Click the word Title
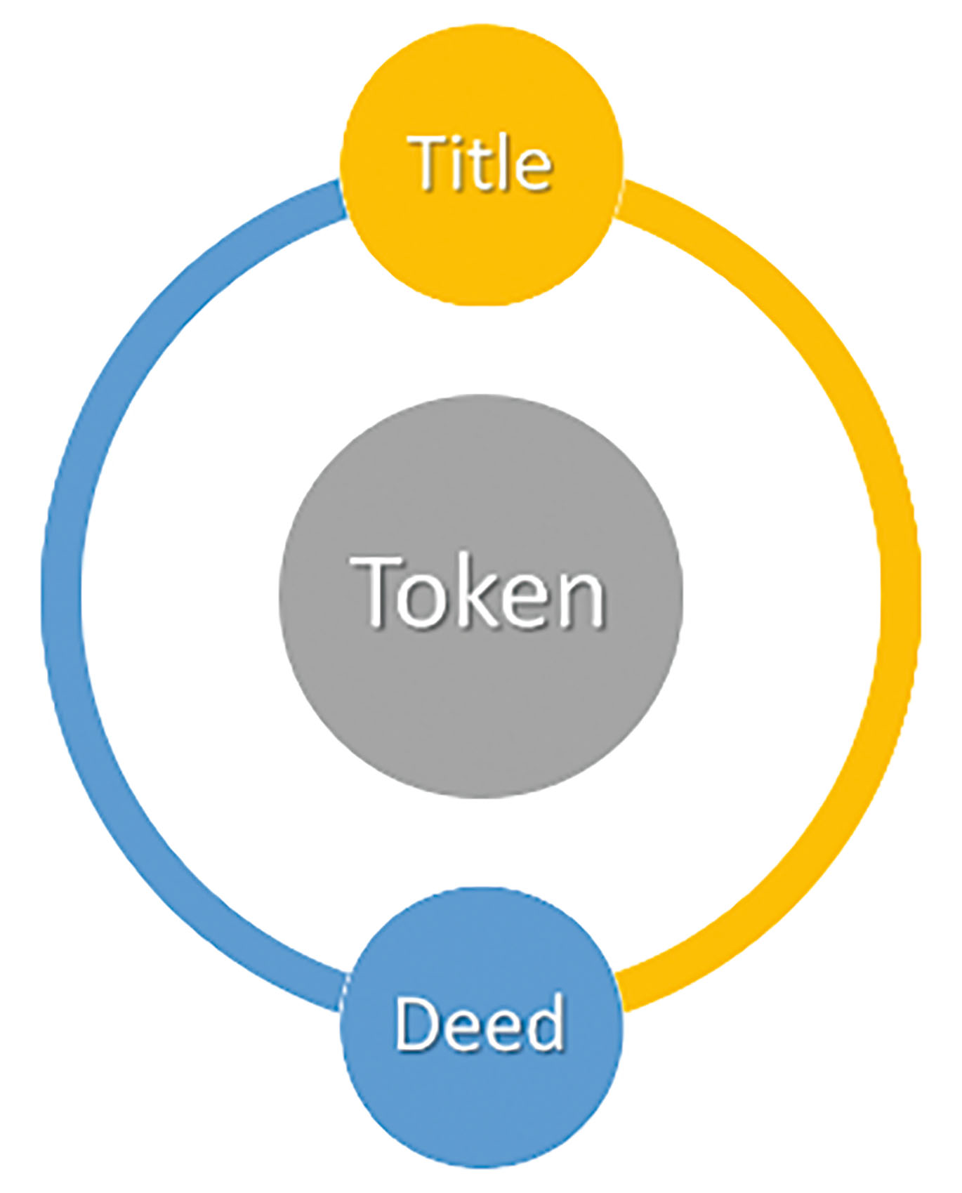482,163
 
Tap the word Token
482,591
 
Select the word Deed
480,1022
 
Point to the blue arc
63,597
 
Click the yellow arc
900,597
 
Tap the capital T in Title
430,163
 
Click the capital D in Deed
417,1022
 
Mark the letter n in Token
583,600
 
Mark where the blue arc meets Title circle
343,198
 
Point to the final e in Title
533,170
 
